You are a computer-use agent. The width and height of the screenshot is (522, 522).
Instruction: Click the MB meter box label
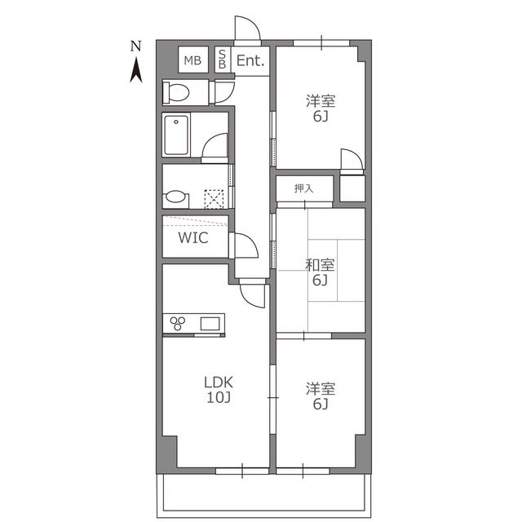[x=192, y=60]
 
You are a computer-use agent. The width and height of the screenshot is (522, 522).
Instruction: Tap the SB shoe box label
[x=222, y=60]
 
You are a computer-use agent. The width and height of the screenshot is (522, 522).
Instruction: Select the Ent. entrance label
[x=250, y=60]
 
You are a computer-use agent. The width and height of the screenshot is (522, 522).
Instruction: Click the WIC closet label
[x=193, y=237]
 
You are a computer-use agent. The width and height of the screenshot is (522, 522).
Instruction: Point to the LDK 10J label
[x=219, y=390]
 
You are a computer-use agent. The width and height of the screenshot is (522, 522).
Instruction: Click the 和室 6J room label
[x=320, y=272]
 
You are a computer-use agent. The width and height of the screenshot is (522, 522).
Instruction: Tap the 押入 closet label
[x=303, y=188]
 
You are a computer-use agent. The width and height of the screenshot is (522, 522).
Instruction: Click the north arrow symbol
[x=136, y=70]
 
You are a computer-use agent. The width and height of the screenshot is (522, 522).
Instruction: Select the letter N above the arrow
[x=135, y=46]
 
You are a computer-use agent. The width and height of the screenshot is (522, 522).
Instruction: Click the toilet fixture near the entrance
[x=176, y=92]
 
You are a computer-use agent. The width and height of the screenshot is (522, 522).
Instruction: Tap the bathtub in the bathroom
[x=176, y=135]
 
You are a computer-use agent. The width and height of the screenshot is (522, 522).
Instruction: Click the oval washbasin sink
[x=175, y=197]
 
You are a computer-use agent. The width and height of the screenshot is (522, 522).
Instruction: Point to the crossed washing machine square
[x=214, y=199]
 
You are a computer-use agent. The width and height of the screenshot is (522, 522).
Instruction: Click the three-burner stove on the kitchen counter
[x=178, y=323]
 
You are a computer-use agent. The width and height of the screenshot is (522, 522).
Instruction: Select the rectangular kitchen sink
[x=210, y=324]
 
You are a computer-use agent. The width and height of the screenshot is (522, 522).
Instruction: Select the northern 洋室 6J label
[x=321, y=108]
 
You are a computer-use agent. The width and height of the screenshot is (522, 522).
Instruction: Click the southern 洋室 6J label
[x=321, y=396]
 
